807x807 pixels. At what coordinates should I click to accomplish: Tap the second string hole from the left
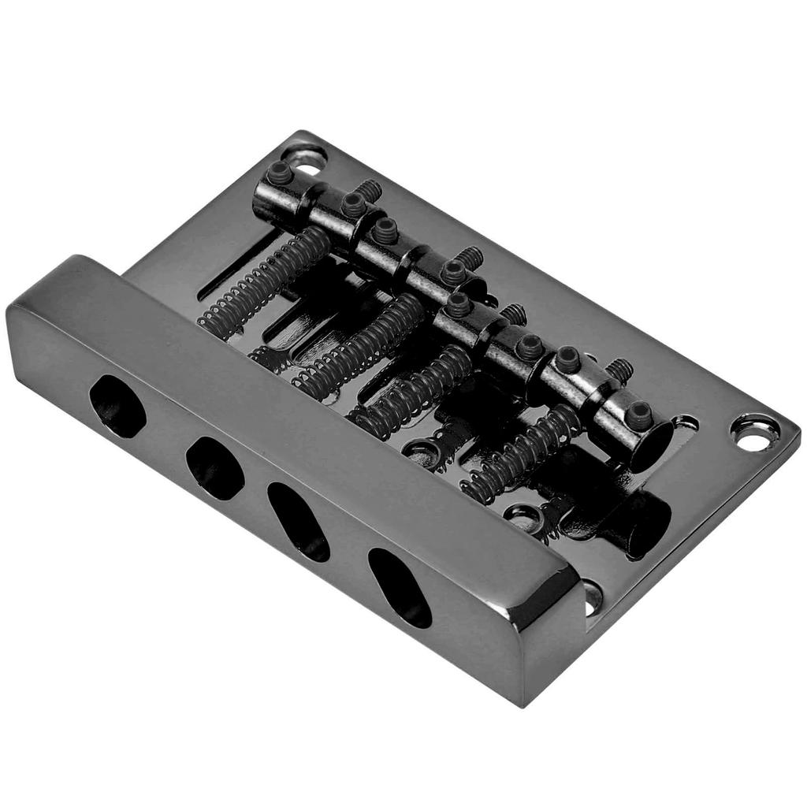(214, 467)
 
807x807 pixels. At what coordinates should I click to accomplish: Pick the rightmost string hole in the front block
(400, 587)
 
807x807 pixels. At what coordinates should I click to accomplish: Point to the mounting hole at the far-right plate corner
(754, 433)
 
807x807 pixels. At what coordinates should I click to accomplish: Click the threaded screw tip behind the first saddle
(366, 190)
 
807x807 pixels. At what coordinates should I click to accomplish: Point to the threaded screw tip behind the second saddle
(470, 257)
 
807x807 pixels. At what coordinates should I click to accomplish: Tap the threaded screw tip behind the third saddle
(514, 314)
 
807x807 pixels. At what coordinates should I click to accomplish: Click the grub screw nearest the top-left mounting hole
(280, 173)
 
